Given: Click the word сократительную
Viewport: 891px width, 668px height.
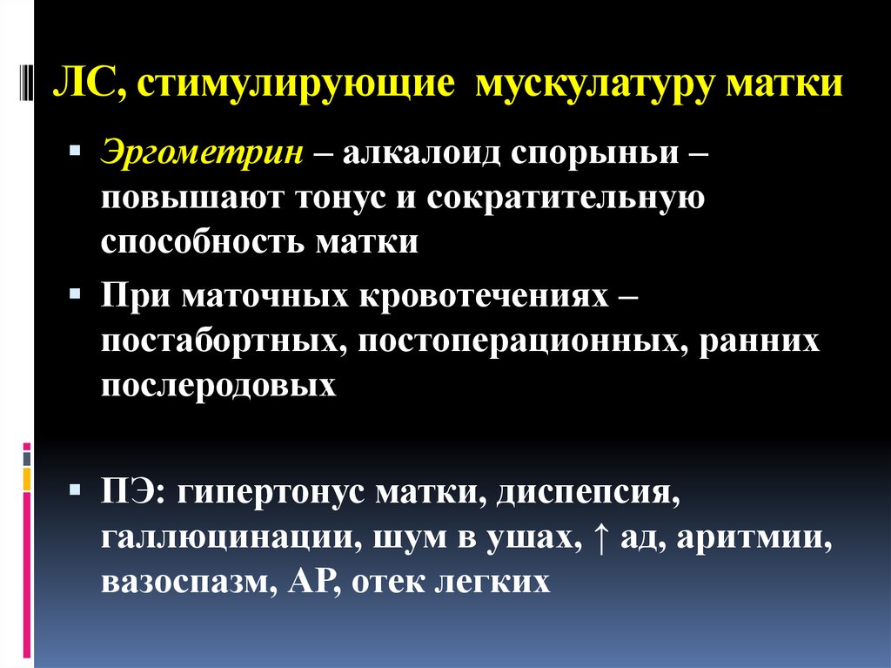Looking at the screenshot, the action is click(566, 199).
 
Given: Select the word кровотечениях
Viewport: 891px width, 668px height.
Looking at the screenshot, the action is click(484, 297).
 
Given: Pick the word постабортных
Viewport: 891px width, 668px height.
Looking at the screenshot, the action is click(219, 341).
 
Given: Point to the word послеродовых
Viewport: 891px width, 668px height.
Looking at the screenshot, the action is click(218, 385).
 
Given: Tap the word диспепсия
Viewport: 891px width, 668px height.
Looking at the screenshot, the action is click(587, 493).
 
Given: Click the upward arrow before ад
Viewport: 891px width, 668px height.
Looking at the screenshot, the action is click(600, 537).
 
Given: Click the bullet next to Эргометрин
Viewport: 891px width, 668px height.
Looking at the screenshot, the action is click(75, 152).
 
